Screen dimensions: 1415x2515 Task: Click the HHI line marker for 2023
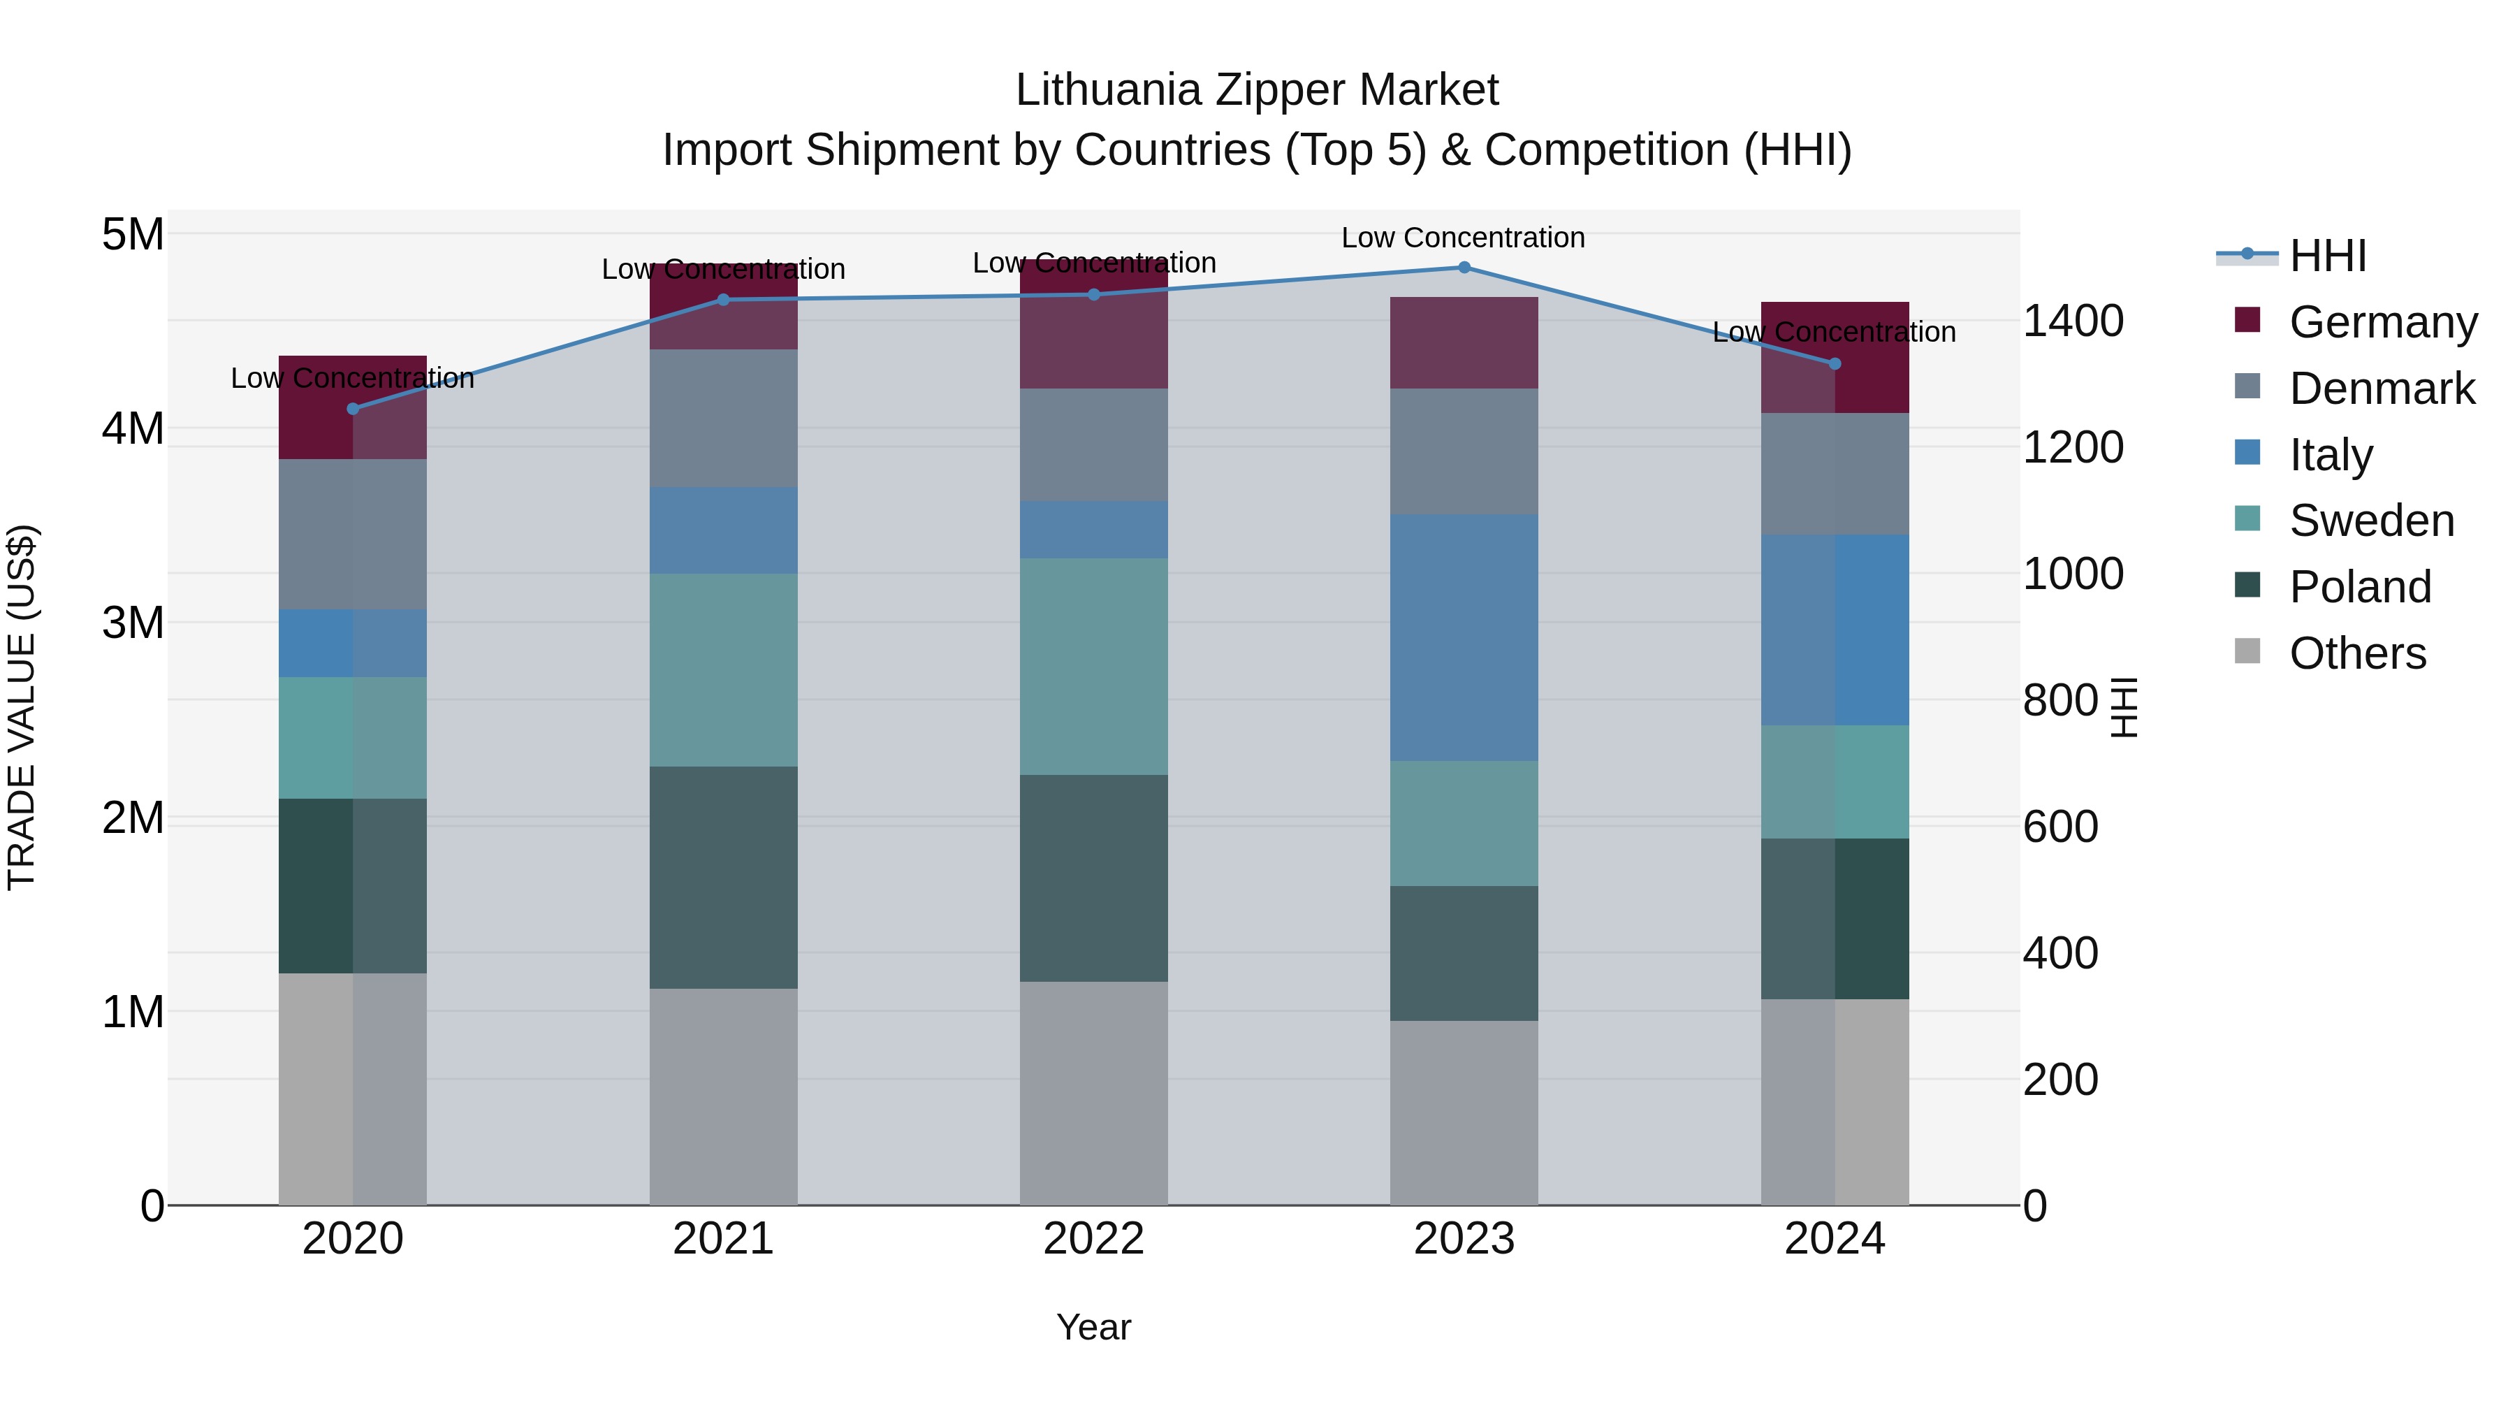coord(1464,268)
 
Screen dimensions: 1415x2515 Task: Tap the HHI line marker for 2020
coord(353,409)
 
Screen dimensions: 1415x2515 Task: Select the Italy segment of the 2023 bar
coord(1464,638)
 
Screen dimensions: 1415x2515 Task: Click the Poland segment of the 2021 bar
coord(724,877)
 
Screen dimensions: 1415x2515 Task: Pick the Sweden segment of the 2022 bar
coord(1093,667)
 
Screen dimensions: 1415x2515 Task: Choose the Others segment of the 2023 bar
coord(1464,1112)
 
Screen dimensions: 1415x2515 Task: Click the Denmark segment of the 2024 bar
coord(1835,474)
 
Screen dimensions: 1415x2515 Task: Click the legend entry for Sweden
coord(2370,521)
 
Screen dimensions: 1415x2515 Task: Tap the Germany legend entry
coord(2382,322)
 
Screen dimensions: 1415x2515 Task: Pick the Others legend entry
coord(2357,653)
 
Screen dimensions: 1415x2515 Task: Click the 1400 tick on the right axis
coord(2072,321)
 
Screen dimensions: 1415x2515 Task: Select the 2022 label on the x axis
coord(1093,1239)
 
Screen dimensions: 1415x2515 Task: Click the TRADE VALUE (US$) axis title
coord(22,707)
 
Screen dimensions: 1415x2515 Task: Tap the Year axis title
coord(1093,1327)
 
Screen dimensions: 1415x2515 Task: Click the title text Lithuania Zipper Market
coord(1257,90)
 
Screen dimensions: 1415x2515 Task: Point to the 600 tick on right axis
coord(2060,827)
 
